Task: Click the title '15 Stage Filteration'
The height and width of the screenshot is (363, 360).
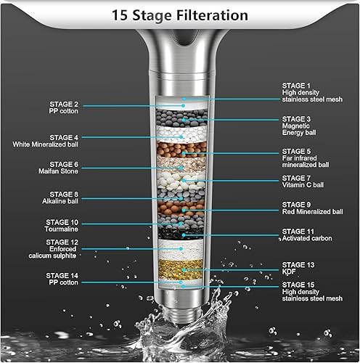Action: pos(179,15)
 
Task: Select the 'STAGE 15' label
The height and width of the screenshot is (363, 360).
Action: pos(298,284)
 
